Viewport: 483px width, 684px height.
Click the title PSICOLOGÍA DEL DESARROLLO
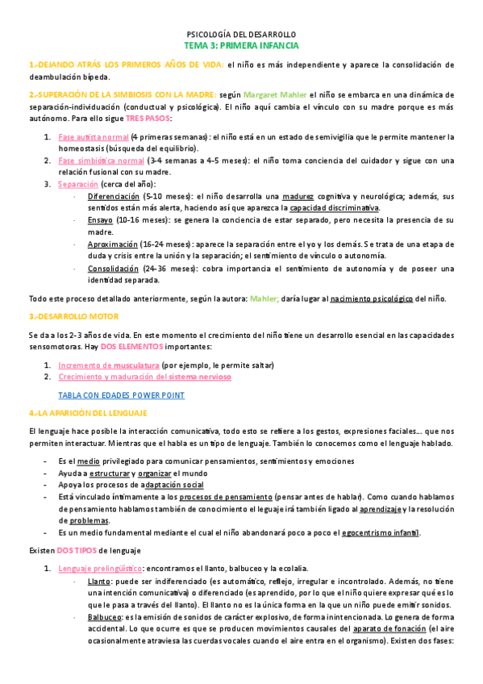click(241, 35)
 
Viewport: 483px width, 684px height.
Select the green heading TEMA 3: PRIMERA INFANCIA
click(241, 47)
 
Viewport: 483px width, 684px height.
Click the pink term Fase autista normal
click(94, 137)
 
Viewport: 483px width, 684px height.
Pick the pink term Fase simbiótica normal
click(101, 161)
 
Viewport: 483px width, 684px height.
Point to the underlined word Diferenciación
click(113, 196)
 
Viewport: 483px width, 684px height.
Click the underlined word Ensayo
click(100, 219)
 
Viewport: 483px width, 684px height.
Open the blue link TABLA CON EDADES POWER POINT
click(121, 395)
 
